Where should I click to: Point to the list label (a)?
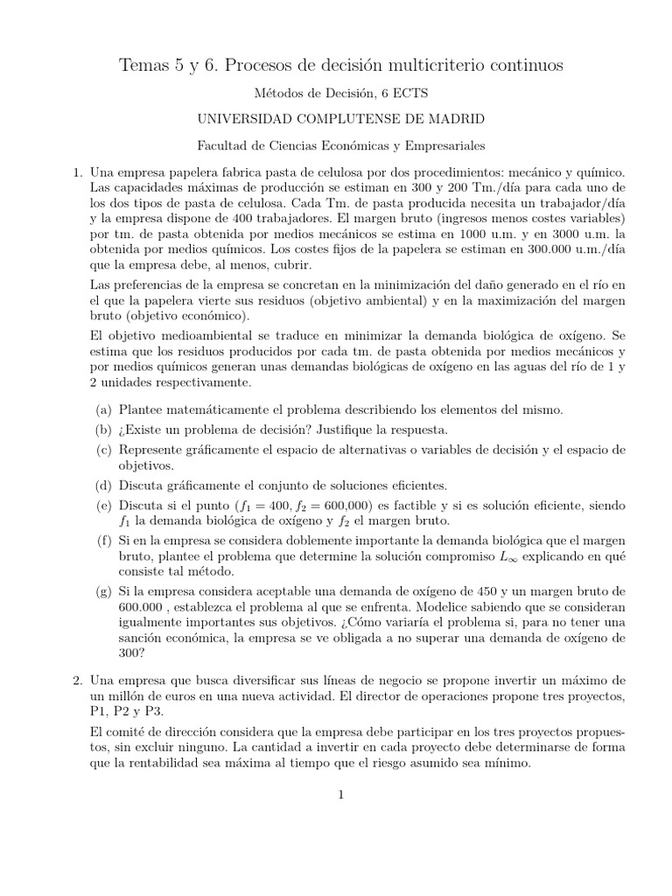pyautogui.click(x=103, y=409)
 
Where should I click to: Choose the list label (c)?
pyautogui.click(x=103, y=450)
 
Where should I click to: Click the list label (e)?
pyautogui.click(x=103, y=505)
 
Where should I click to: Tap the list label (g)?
pyautogui.click(x=103, y=591)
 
